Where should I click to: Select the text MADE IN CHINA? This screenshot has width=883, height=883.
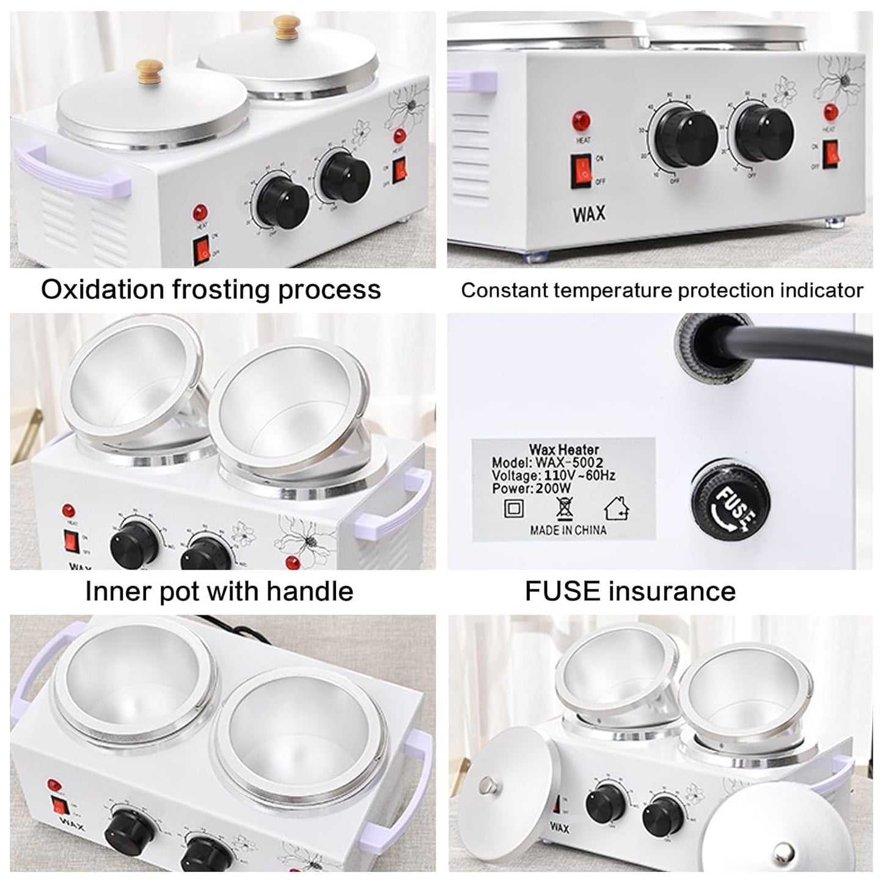click(x=568, y=530)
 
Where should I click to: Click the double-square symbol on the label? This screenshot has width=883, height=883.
click(x=512, y=508)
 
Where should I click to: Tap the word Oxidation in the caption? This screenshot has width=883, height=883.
click(x=102, y=290)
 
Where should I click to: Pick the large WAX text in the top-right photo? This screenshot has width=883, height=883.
click(x=589, y=214)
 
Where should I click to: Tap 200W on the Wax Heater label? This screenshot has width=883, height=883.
click(x=553, y=488)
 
